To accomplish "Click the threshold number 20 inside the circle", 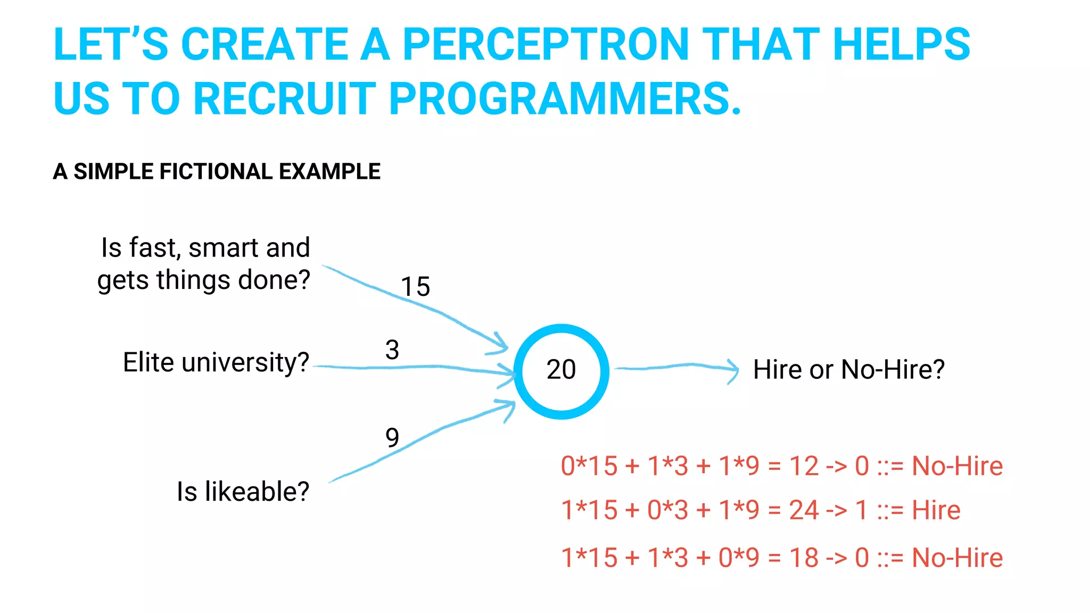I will [561, 370].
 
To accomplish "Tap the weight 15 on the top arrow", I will [415, 287].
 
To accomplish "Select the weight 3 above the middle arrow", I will [392, 350].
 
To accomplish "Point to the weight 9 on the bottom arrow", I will [392, 438].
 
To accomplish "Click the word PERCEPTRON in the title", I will [546, 45].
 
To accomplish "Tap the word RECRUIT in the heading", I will [285, 99].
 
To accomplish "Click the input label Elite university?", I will [216, 363].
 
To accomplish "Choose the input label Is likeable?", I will [243, 492].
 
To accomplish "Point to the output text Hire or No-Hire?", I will [848, 370].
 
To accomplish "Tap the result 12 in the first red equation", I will [804, 466].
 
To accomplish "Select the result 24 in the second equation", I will [804, 510].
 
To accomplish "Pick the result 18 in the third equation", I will [804, 558].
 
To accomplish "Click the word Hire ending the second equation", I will [936, 510].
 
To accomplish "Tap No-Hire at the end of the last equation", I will [957, 558].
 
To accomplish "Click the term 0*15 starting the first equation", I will [589, 466].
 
